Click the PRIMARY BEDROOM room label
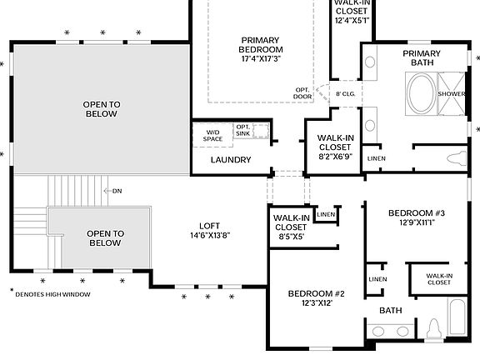coord(261,44)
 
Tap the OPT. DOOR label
coord(302,92)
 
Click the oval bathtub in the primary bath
coord(421,93)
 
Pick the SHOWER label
coord(452,94)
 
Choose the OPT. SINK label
coord(243,130)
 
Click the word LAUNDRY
coord(231,159)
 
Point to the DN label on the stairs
coord(117,191)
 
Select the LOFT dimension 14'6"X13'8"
coord(209,236)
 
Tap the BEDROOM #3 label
coord(417,213)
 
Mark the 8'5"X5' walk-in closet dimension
coord(291,236)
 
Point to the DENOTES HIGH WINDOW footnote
coord(52,294)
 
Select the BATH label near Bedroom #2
coord(391,310)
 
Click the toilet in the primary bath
coord(456,158)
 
